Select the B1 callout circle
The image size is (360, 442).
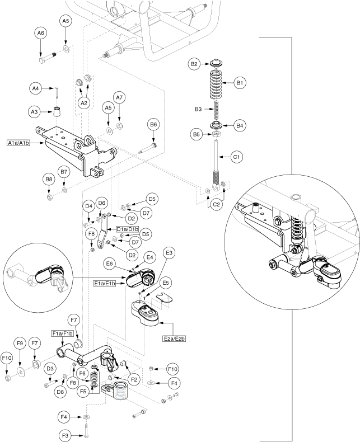tap(240, 83)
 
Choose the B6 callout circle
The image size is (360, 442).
tap(154, 124)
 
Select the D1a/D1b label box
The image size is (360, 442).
tap(128, 229)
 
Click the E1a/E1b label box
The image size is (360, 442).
tap(105, 284)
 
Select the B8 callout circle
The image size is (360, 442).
tap(49, 180)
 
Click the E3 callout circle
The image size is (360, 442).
tap(169, 253)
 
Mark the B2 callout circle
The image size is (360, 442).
tap(195, 64)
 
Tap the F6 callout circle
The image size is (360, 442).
tap(82, 374)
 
